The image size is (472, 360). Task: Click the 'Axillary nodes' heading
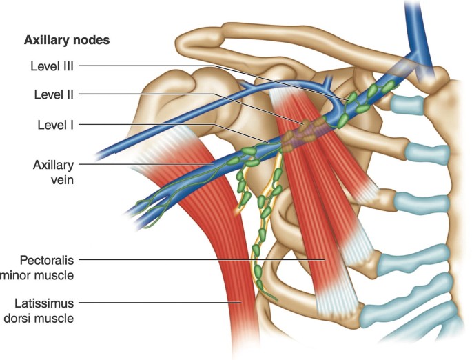click(67, 40)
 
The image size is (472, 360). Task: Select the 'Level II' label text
click(54, 94)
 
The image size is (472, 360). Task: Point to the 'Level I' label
click(56, 125)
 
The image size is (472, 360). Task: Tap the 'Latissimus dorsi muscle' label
click(47, 310)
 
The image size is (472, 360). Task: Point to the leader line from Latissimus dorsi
click(158, 302)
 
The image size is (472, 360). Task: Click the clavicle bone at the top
click(289, 41)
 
